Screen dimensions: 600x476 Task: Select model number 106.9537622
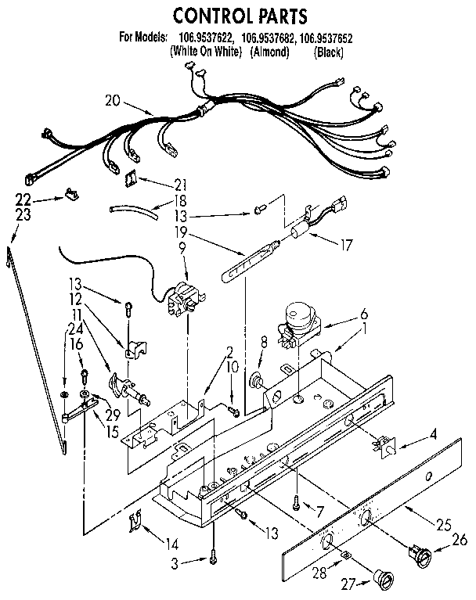(202, 38)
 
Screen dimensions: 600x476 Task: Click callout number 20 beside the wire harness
(114, 99)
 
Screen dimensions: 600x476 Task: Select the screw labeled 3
(213, 557)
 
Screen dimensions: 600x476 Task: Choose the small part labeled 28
(346, 555)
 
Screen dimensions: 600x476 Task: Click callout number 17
(343, 245)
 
